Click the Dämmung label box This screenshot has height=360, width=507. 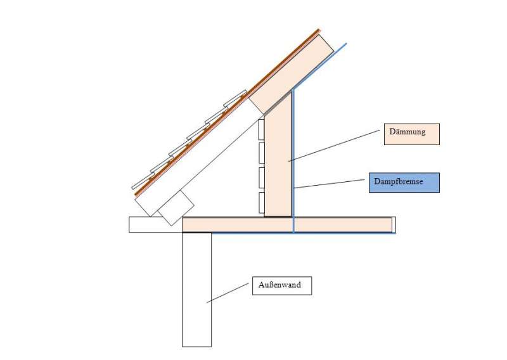coord(411,134)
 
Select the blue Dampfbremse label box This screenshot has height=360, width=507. coord(404,182)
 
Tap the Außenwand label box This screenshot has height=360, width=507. coord(281,286)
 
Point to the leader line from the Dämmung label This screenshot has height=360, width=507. coord(336,146)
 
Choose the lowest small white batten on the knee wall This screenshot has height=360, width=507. coord(260,203)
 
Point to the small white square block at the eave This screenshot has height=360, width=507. coord(176,207)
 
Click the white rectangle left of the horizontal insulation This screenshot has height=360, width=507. coord(155,224)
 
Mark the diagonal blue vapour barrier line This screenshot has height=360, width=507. coord(320,67)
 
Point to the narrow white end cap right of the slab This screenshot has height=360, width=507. coord(394,224)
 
